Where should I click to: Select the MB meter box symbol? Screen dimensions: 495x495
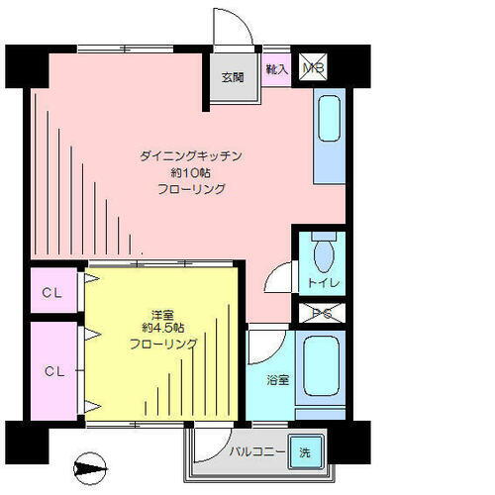tap(313, 67)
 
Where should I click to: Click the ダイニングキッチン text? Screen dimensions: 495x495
tap(192, 156)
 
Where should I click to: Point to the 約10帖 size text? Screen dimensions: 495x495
tap(192, 172)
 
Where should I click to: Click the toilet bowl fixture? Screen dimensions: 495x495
tap(323, 256)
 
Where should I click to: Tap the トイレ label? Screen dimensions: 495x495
tap(323, 284)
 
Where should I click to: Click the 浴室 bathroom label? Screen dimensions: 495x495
tap(275, 377)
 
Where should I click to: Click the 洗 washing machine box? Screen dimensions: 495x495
tap(305, 451)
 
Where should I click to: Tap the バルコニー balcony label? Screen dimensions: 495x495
tap(257, 452)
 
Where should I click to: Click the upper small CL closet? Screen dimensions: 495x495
tap(53, 292)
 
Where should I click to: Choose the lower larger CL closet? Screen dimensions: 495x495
tap(53, 371)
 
